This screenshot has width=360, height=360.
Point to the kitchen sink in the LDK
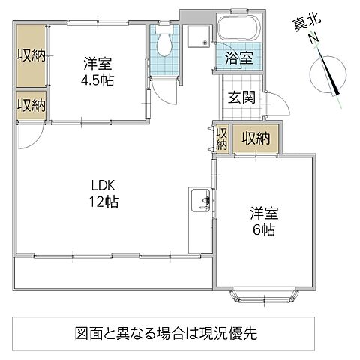pyautogui.click(x=200, y=202)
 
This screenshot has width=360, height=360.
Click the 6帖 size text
pyautogui.click(x=262, y=230)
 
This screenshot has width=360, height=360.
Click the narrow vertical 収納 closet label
pyautogui.click(x=221, y=139)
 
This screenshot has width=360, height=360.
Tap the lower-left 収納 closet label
pyautogui.click(x=29, y=103)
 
